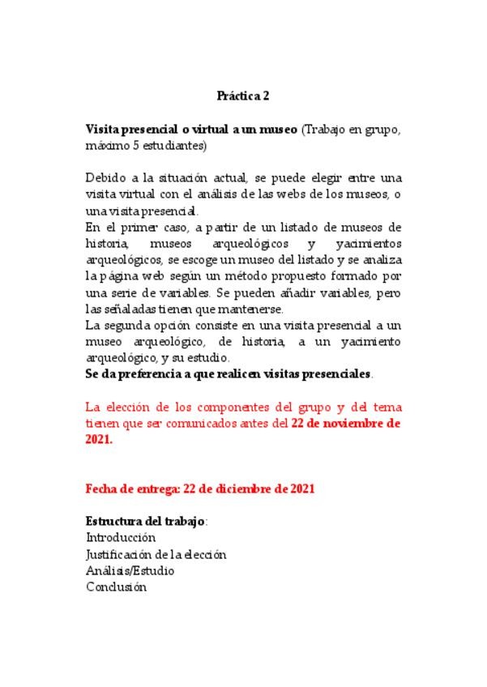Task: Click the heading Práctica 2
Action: click(243, 96)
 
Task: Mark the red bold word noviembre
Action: click(351, 423)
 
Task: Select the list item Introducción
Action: click(121, 537)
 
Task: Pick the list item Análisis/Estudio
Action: click(130, 570)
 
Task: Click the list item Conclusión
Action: click(116, 587)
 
